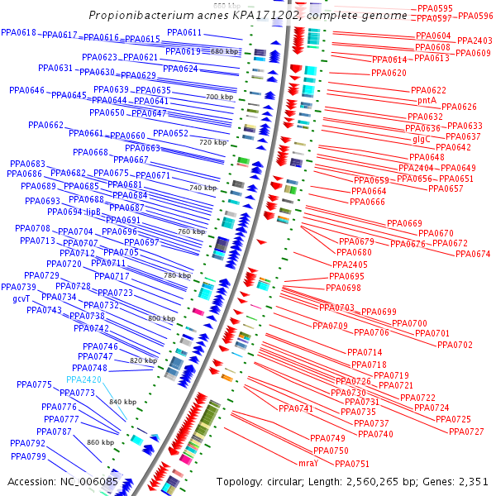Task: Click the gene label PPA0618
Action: click(x=18, y=32)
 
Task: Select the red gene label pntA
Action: click(x=427, y=100)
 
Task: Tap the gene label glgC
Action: click(x=421, y=139)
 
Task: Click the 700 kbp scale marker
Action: click(x=219, y=97)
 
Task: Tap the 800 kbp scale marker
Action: click(x=161, y=318)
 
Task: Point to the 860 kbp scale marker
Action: click(x=100, y=442)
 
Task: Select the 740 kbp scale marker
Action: click(x=203, y=188)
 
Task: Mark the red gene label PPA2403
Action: click(x=475, y=41)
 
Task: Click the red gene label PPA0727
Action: click(x=466, y=432)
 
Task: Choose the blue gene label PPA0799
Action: click(x=28, y=456)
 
